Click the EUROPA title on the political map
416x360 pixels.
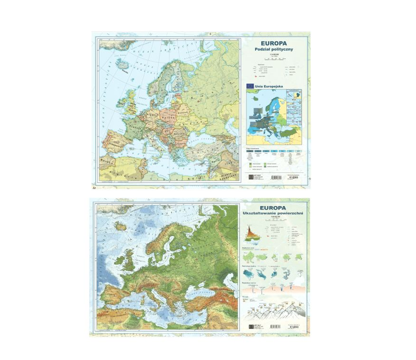pos(274,41)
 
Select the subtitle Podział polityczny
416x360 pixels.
pos(274,49)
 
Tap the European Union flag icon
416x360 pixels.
pos(250,86)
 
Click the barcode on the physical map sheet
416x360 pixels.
pos(277,327)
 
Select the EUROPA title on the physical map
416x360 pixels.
pos(274,207)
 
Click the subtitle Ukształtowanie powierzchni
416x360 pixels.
pos(274,214)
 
